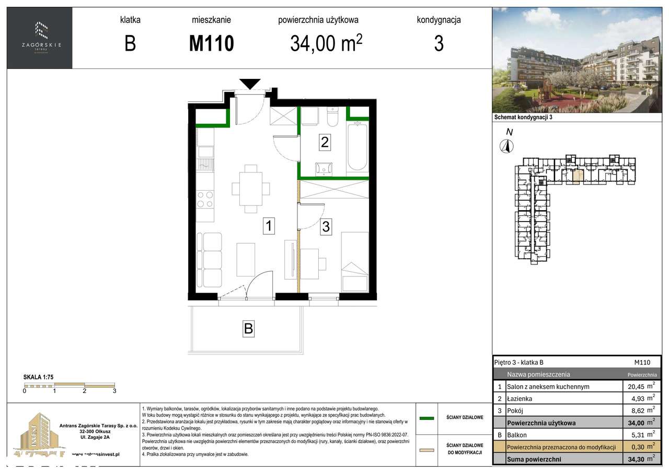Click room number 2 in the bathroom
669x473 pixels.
pyautogui.click(x=325, y=142)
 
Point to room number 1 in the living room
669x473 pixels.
pyautogui.click(x=268, y=226)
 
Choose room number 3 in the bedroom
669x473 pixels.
pyautogui.click(x=326, y=227)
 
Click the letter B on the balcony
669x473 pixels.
pyautogui.click(x=248, y=329)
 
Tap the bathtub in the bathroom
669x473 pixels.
pyautogui.click(x=357, y=146)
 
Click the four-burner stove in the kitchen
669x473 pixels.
pyautogui.click(x=205, y=199)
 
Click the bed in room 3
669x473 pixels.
pyautogui.click(x=355, y=262)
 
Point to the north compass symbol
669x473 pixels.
pyautogui.click(x=506, y=146)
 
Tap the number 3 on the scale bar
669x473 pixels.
pyautogui.click(x=114, y=390)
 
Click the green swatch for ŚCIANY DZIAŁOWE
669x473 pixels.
pyautogui.click(x=427, y=418)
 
